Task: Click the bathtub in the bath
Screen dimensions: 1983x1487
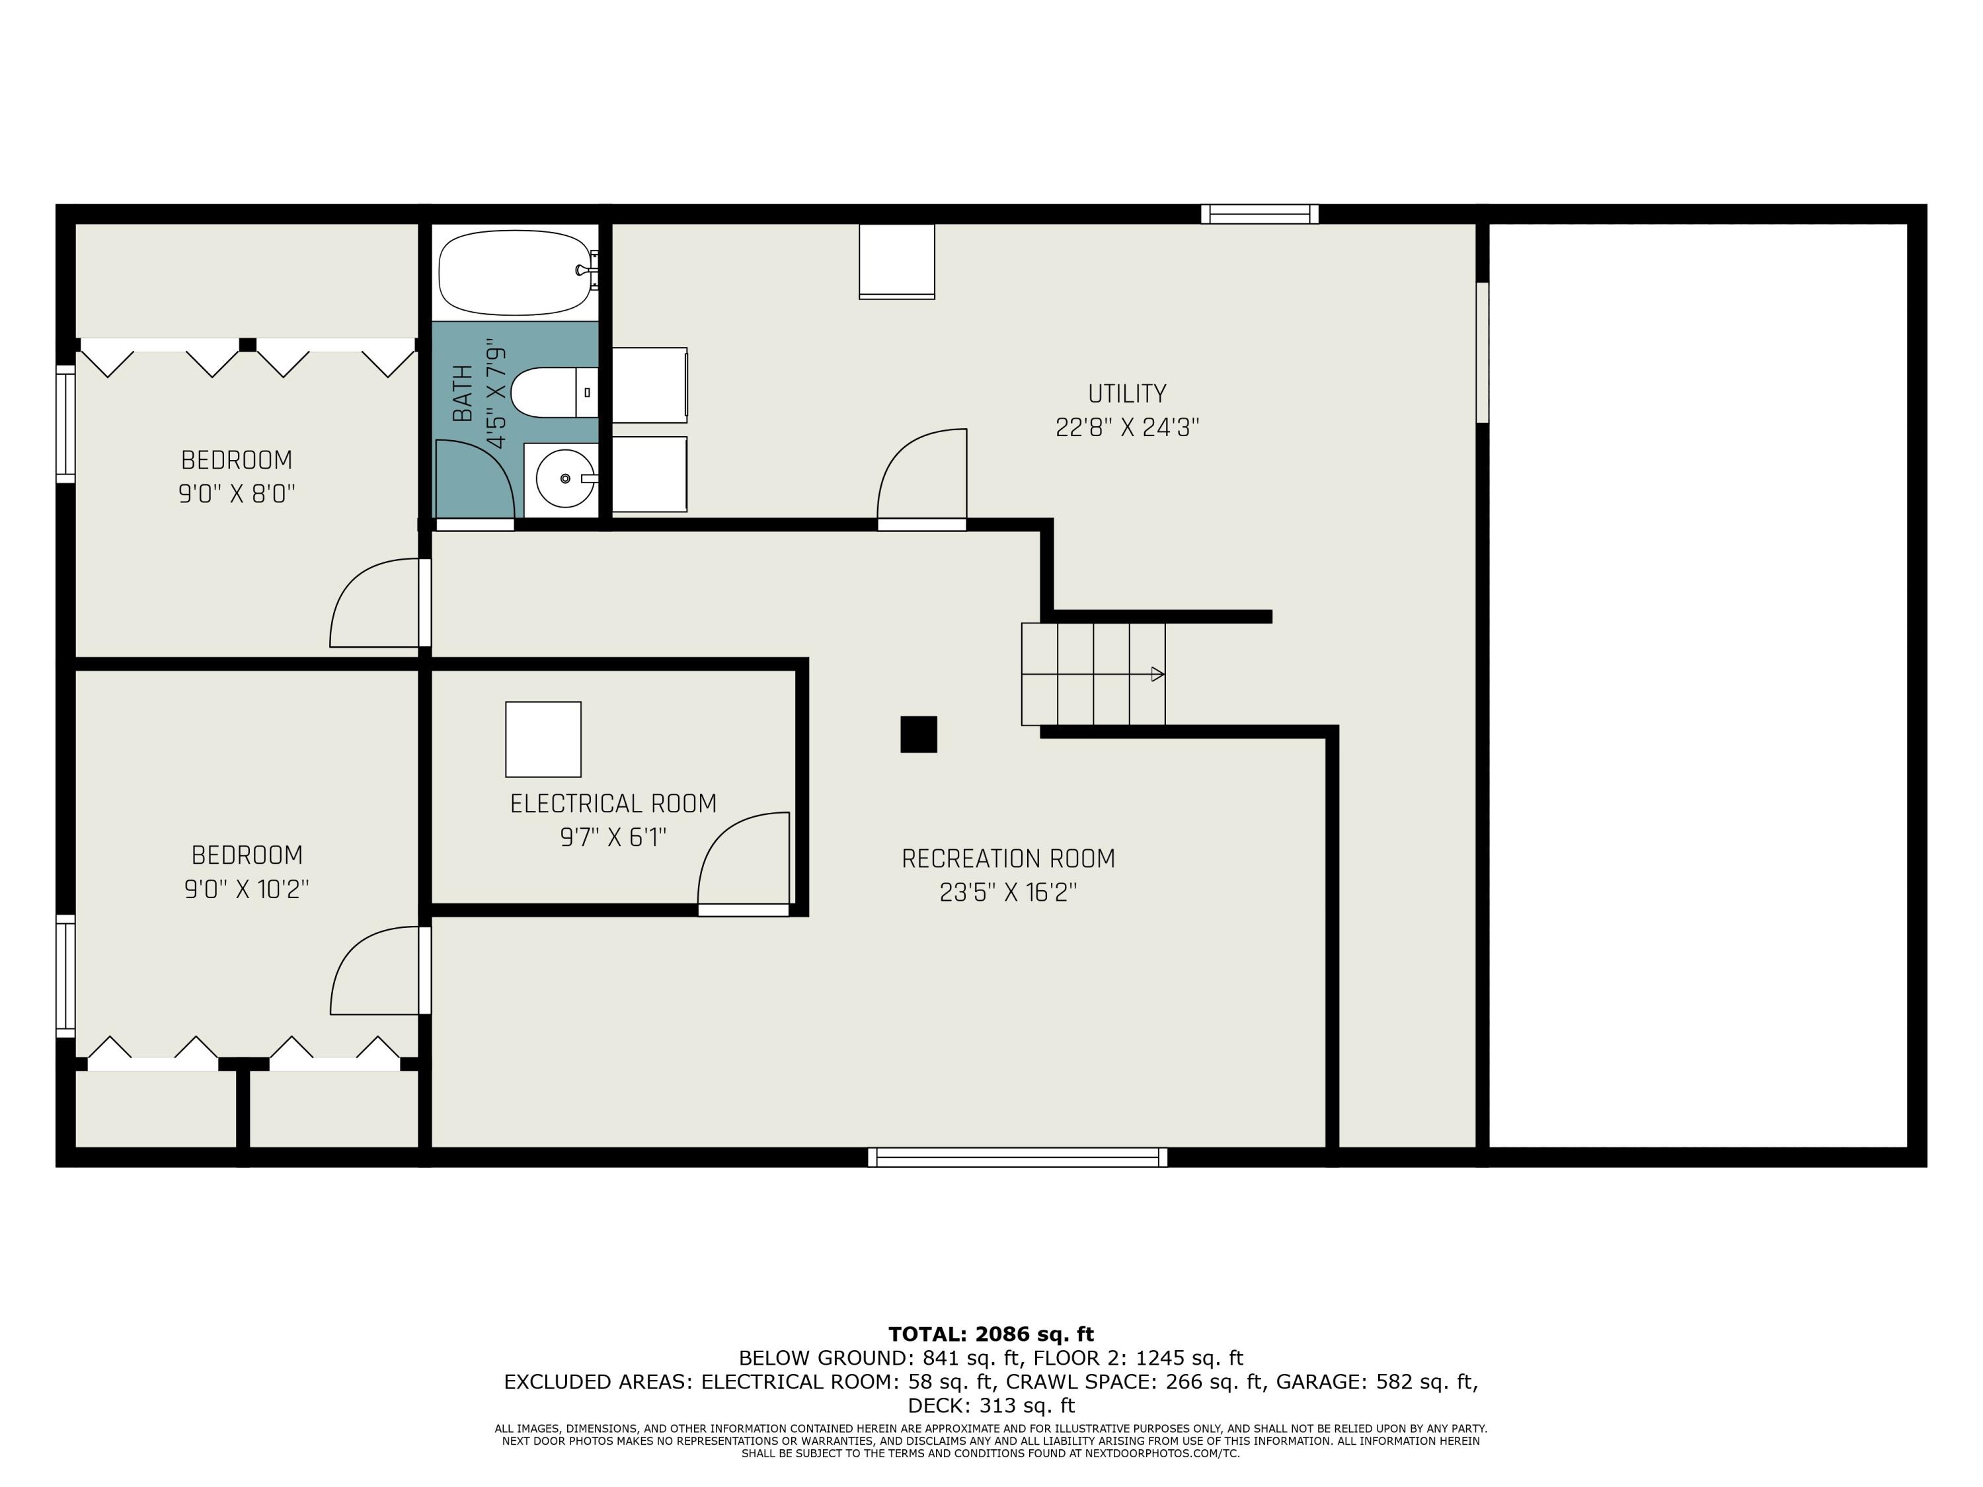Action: (x=516, y=272)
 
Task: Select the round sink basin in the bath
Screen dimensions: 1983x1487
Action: (x=564, y=478)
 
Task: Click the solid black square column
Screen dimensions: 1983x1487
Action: (x=919, y=734)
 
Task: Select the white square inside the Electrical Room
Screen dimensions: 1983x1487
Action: (x=543, y=740)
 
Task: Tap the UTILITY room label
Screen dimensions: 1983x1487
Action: (x=1127, y=393)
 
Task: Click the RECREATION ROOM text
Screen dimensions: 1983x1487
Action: (x=1009, y=858)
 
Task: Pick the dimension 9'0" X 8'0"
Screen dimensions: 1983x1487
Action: (x=237, y=494)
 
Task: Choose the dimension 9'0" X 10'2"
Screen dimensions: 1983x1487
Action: (x=247, y=889)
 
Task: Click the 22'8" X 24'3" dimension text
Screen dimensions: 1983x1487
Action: (x=1127, y=428)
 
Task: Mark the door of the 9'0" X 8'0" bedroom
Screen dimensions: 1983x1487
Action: (x=380, y=602)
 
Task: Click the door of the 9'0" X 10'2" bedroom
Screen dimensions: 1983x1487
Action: (x=380, y=971)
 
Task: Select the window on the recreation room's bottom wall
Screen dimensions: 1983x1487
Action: (x=1017, y=1157)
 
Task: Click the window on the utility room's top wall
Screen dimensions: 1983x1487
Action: (x=1260, y=213)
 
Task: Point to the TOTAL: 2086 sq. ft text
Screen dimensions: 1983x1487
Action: (x=991, y=1334)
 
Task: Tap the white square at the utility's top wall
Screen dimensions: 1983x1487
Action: (x=896, y=261)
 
